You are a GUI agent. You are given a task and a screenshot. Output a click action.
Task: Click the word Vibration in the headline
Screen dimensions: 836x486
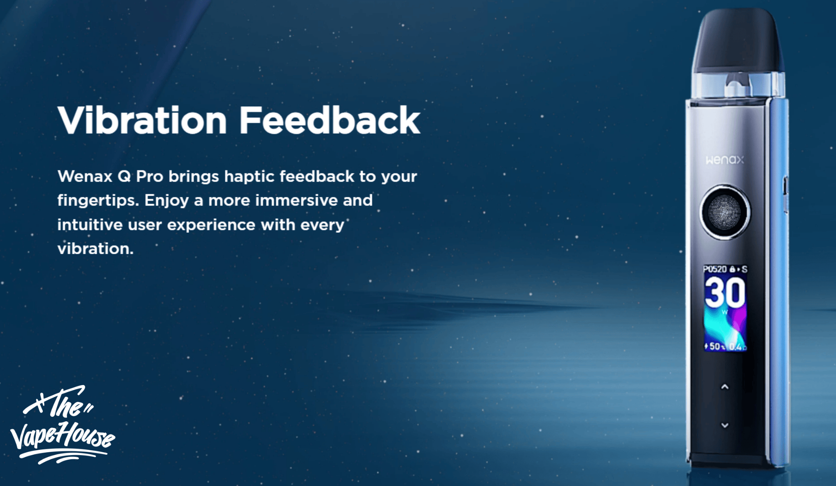coord(142,120)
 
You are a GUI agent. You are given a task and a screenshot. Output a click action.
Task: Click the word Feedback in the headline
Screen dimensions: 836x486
coord(330,120)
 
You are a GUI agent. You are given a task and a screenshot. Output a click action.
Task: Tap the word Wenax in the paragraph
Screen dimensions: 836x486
coord(85,176)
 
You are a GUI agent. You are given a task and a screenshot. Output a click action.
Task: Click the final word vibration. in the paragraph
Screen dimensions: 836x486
coord(96,249)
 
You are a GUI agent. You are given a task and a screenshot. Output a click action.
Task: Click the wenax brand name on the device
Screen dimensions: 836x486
coord(725,160)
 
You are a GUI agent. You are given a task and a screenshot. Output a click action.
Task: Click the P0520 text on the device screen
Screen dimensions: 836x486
coord(715,269)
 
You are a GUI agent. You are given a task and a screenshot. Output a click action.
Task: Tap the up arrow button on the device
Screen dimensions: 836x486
coord(725,387)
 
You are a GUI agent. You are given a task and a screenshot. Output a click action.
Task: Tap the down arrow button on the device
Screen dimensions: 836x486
coord(725,425)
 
